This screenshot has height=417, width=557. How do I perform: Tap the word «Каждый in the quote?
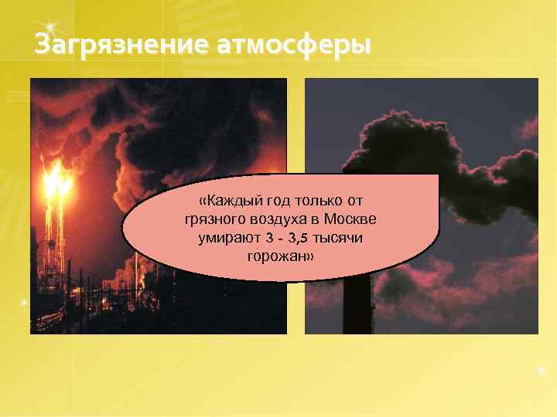pyautogui.click(x=227, y=201)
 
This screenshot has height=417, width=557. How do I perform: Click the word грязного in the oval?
pyautogui.click(x=213, y=219)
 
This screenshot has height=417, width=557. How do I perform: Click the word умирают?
pyautogui.click(x=226, y=238)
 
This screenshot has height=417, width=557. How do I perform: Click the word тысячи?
pyautogui.click(x=340, y=238)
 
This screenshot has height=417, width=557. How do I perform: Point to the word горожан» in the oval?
pyautogui.click(x=280, y=256)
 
